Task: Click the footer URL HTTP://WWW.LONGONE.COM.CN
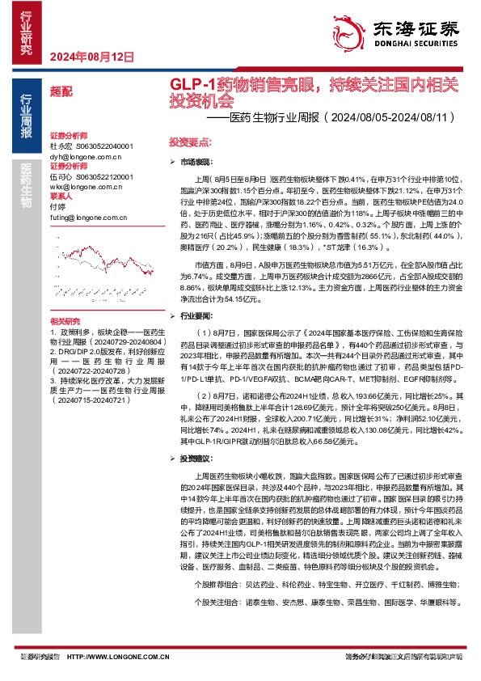pyautogui.click(x=110, y=657)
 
